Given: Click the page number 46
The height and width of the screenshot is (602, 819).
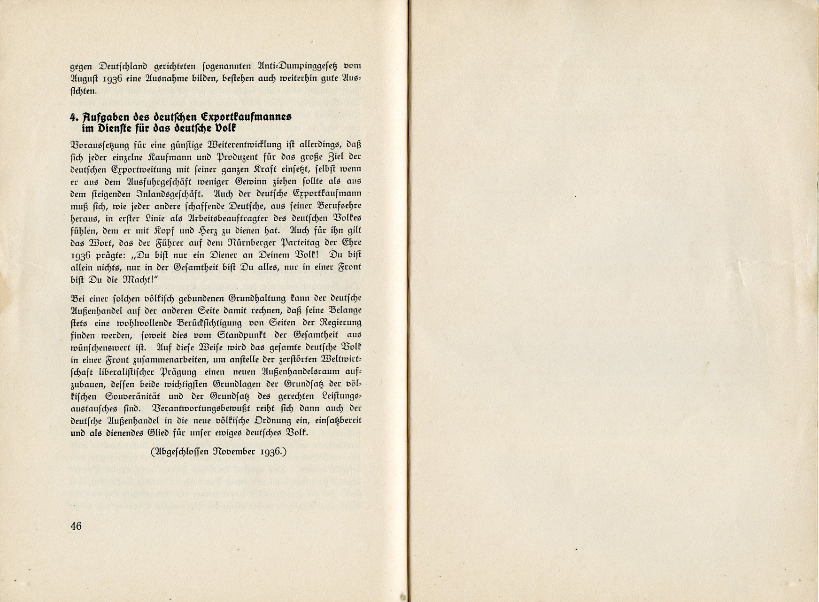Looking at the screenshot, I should (76, 526).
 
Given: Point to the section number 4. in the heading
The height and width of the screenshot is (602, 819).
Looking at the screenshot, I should (74, 116).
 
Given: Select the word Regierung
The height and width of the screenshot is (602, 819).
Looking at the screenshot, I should (340, 323).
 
